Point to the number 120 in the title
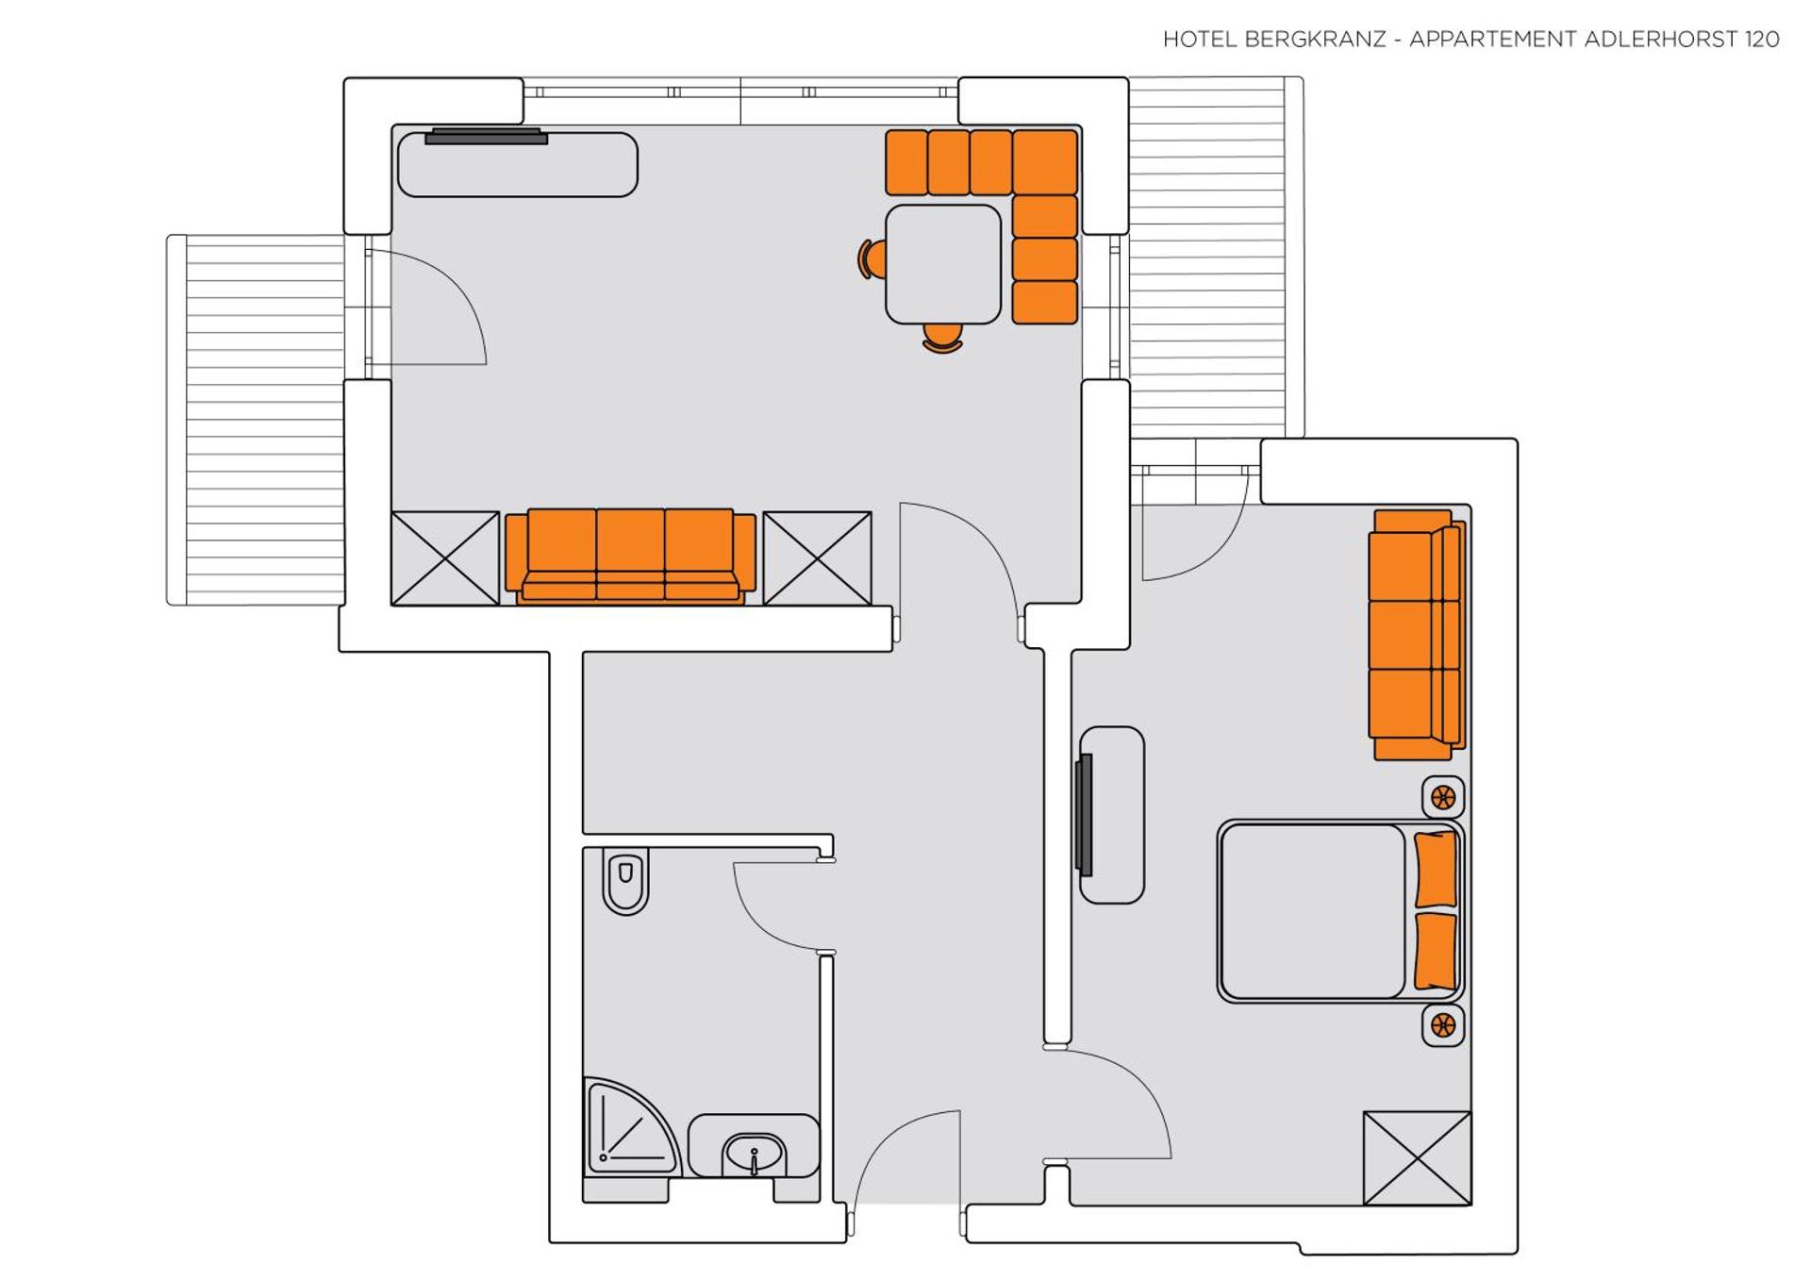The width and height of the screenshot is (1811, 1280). [x=1761, y=40]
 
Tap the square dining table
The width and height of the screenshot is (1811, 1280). [x=942, y=264]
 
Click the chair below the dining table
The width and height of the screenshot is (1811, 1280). [x=942, y=338]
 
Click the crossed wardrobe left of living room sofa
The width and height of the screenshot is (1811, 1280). [x=445, y=558]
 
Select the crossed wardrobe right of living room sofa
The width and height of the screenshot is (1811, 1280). [x=817, y=558]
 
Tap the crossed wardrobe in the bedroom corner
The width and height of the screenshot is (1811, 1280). [x=1417, y=1158]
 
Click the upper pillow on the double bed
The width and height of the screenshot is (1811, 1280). [x=1436, y=870]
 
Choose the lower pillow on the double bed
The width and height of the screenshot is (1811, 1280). [x=1436, y=951]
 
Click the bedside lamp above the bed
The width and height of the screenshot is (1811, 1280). [x=1442, y=798]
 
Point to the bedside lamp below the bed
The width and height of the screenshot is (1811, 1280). [x=1442, y=1025]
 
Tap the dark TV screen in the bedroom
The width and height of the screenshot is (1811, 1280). [x=1085, y=815]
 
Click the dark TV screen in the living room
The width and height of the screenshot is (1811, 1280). [x=486, y=137]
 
